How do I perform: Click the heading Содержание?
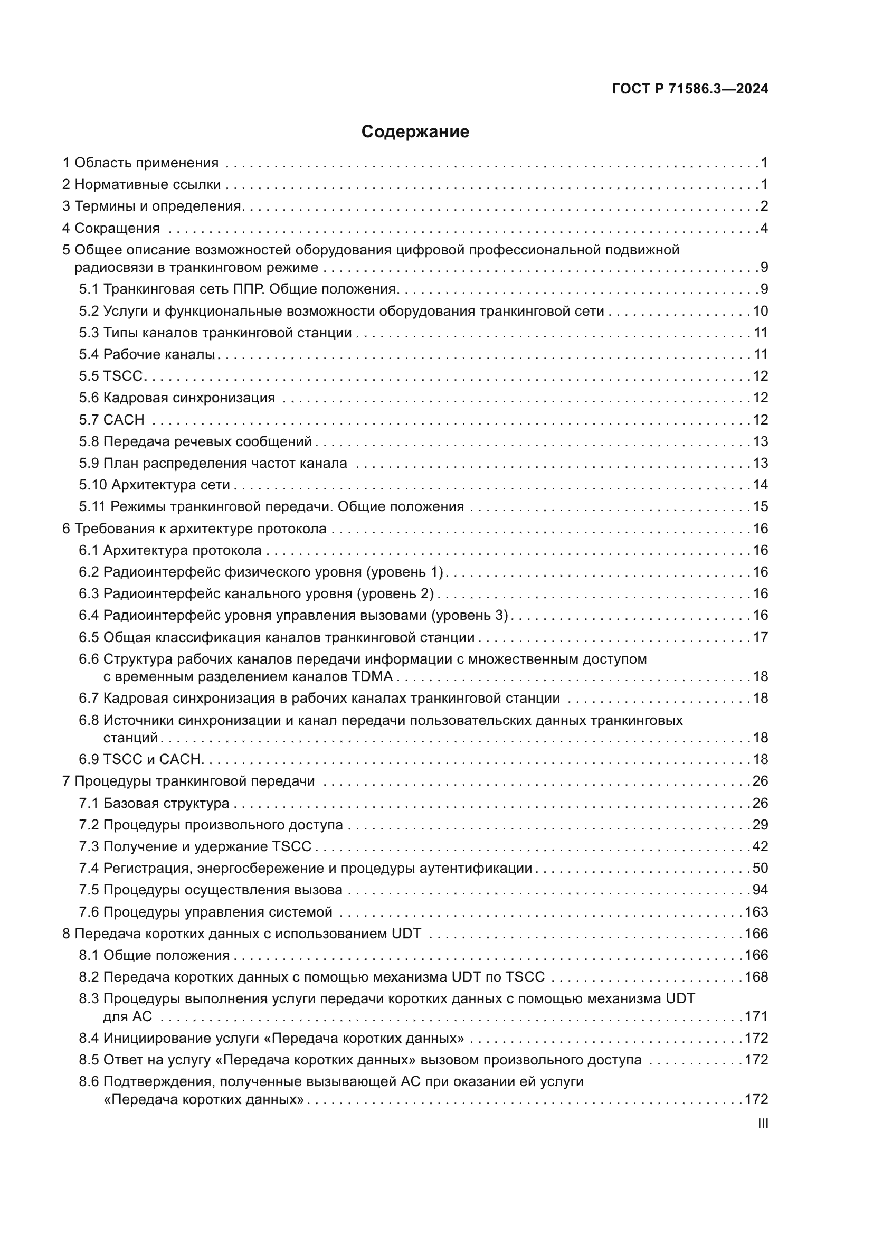coord(415,131)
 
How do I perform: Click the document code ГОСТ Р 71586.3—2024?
coord(690,89)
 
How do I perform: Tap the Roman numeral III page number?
coord(762,1123)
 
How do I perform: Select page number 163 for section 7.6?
coord(756,912)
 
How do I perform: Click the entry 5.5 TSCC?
coord(111,376)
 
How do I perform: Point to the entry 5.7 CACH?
coord(112,420)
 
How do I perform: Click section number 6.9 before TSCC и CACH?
coord(89,759)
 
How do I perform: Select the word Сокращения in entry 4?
coord(117,228)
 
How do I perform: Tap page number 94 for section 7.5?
coord(760,890)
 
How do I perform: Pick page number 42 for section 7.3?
coord(760,846)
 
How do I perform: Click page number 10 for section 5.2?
coord(760,311)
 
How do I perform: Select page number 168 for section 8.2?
coord(756,977)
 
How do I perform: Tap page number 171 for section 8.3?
coord(756,1016)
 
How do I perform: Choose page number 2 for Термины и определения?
coord(764,206)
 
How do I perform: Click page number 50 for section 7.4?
coord(760,868)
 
